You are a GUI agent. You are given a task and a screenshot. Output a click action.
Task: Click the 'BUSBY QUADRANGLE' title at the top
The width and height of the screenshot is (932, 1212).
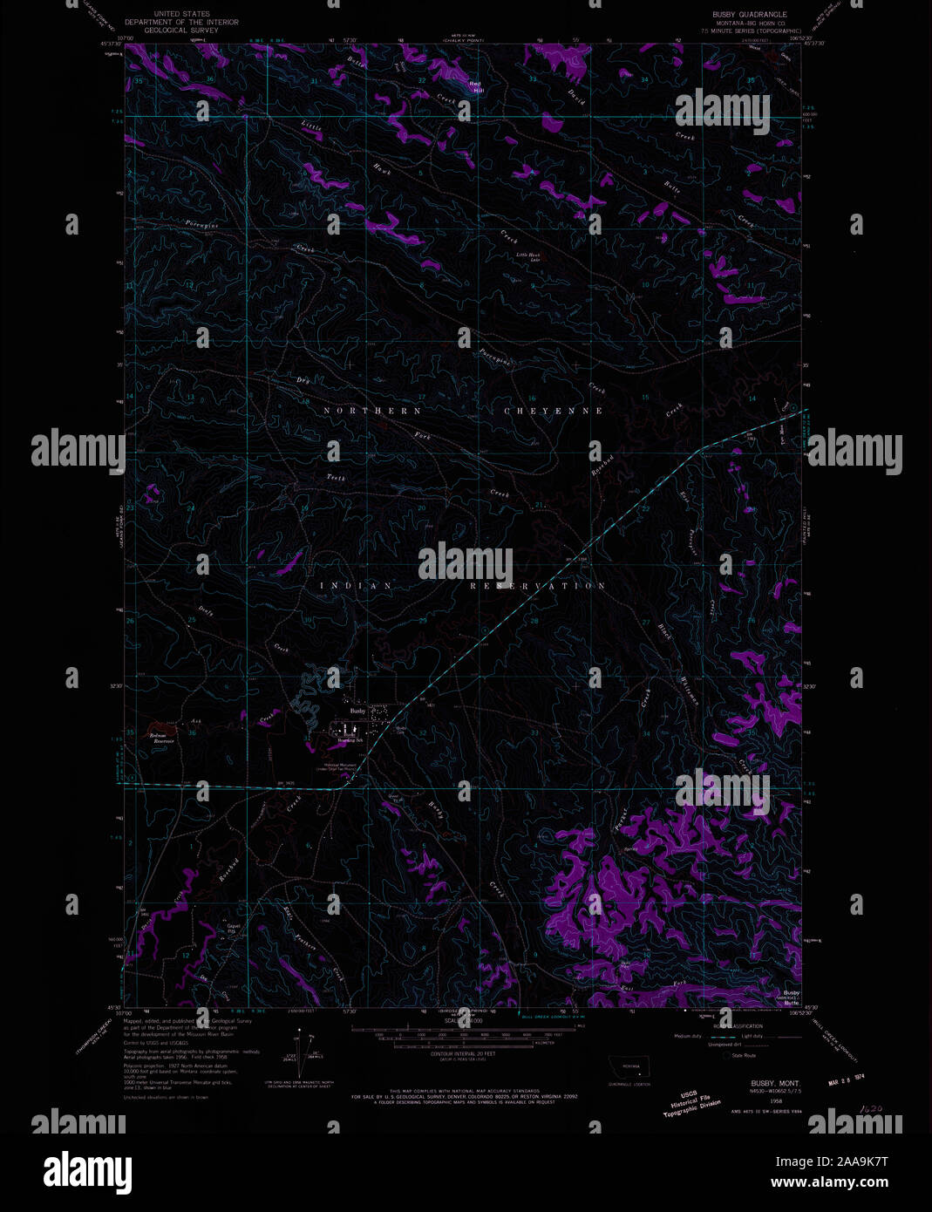pos(749,15)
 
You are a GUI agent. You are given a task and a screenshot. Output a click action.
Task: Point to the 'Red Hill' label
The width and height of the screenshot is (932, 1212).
pos(476,85)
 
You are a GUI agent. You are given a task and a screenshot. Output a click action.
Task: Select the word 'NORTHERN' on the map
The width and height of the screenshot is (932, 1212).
pos(372,410)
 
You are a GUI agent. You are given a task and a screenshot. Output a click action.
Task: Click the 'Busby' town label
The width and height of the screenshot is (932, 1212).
pos(357,711)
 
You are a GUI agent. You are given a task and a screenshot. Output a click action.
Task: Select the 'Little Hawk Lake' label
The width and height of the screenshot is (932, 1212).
pos(528,256)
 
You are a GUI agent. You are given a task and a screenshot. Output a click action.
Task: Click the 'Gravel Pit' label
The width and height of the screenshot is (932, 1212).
pos(232,929)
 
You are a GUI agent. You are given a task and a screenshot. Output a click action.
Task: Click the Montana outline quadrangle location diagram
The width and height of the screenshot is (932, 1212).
pos(629,1066)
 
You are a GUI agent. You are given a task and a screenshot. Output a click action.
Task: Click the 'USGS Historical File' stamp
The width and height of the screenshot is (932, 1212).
pos(691,1105)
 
